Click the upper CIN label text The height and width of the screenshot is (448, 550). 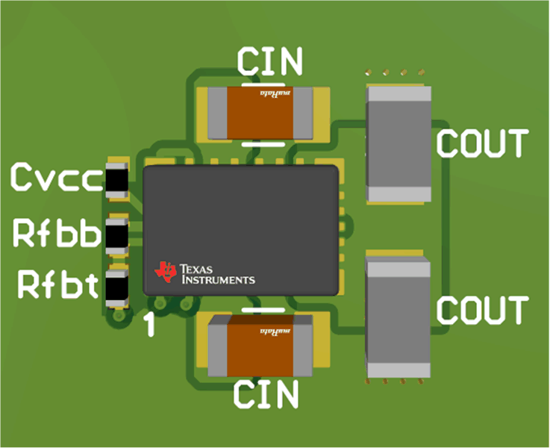270,61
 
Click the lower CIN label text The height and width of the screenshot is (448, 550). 266,393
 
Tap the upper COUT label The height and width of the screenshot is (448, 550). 482,143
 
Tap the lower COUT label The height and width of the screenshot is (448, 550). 482,309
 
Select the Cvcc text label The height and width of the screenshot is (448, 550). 55,178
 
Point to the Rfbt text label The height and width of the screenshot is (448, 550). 58,284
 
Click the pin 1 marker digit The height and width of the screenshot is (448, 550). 150,325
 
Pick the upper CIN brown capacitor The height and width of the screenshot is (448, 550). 260,113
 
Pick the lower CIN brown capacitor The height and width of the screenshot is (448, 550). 260,345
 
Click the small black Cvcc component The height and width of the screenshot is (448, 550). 116,180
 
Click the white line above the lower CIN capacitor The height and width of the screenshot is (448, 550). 263,307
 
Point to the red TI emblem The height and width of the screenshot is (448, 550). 165,271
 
